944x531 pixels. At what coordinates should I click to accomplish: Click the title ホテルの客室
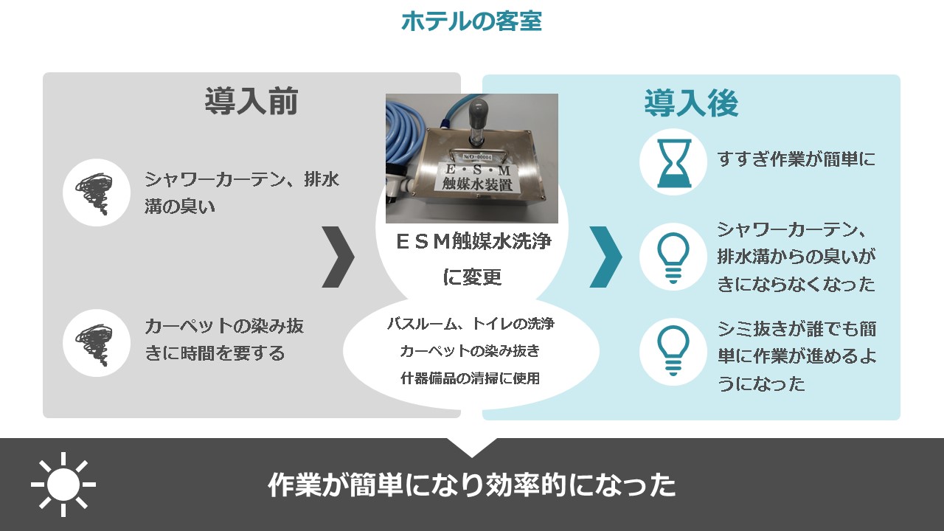471,21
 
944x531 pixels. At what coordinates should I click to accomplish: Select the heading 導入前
251,101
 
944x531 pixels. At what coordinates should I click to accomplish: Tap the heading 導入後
692,103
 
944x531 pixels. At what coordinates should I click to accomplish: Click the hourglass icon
674,163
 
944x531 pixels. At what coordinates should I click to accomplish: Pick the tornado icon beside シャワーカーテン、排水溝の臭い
95,193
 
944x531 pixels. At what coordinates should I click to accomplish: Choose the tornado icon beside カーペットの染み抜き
95,344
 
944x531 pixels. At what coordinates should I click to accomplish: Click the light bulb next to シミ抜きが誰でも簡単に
673,350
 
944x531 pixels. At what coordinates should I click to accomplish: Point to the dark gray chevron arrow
338,257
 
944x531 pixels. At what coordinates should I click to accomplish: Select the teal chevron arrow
605,257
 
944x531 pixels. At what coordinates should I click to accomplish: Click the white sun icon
63,485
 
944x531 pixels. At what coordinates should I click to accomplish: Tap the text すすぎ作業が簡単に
796,159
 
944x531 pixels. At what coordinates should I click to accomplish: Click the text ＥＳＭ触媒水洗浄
473,241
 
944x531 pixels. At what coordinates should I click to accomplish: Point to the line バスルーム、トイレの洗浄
471,324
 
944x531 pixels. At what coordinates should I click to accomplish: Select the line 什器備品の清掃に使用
471,378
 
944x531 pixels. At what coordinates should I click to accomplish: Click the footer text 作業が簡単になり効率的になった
472,485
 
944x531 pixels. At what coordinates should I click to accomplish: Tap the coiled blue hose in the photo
406,139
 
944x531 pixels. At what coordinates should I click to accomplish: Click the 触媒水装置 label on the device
477,184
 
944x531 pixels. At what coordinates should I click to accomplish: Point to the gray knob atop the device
479,111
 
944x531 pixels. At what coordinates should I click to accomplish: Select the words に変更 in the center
472,277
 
